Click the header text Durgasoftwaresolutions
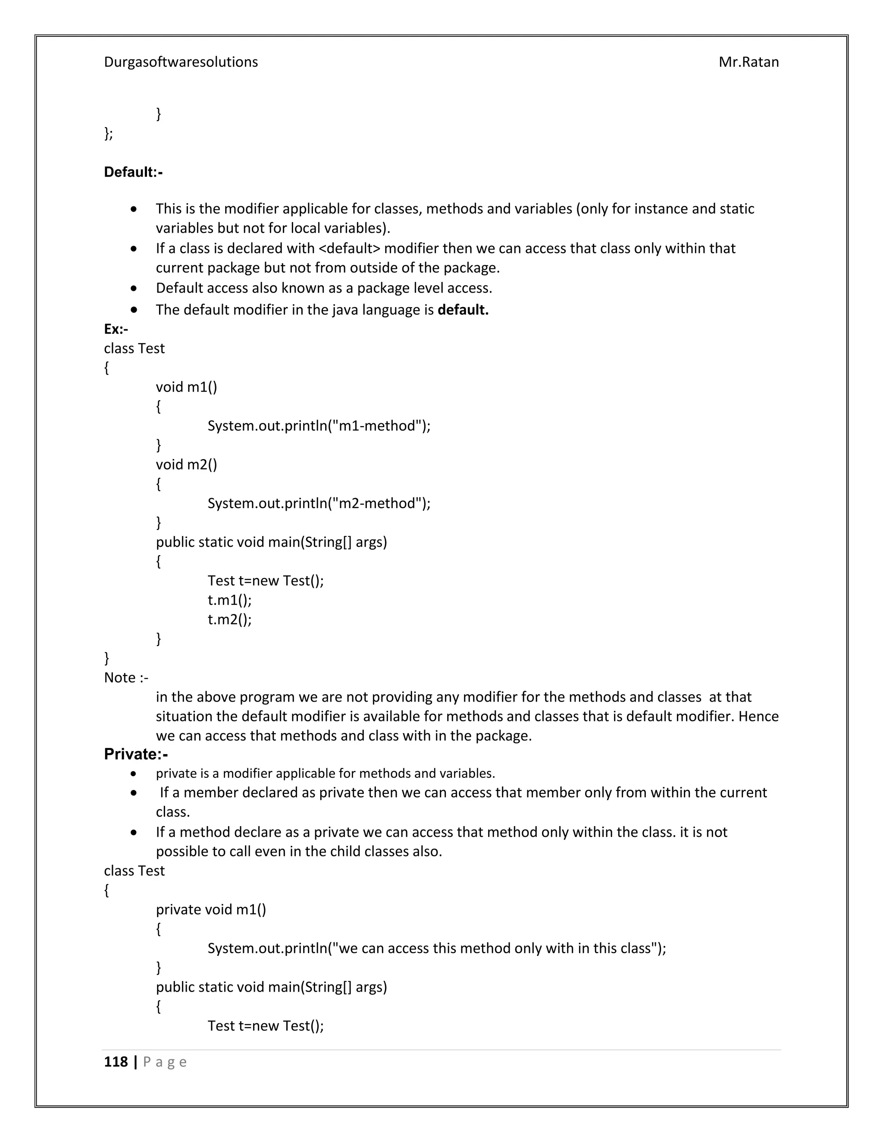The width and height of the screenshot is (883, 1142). [181, 62]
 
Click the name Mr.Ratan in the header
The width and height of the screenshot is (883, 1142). [748, 62]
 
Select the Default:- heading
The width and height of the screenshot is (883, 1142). [133, 172]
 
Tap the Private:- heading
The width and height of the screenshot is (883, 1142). [136, 754]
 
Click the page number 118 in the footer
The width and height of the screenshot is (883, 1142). [116, 1061]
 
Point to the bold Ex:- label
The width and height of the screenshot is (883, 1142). [116, 329]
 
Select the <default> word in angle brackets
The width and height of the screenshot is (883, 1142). [349, 248]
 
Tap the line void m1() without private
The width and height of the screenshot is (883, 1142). [186, 387]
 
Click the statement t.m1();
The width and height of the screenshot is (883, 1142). [229, 600]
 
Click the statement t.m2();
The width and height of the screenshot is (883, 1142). [229, 619]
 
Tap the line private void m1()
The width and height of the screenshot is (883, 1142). [211, 909]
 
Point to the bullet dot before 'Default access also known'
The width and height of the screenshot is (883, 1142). [135, 288]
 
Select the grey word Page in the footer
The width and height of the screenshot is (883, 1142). [165, 1061]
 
